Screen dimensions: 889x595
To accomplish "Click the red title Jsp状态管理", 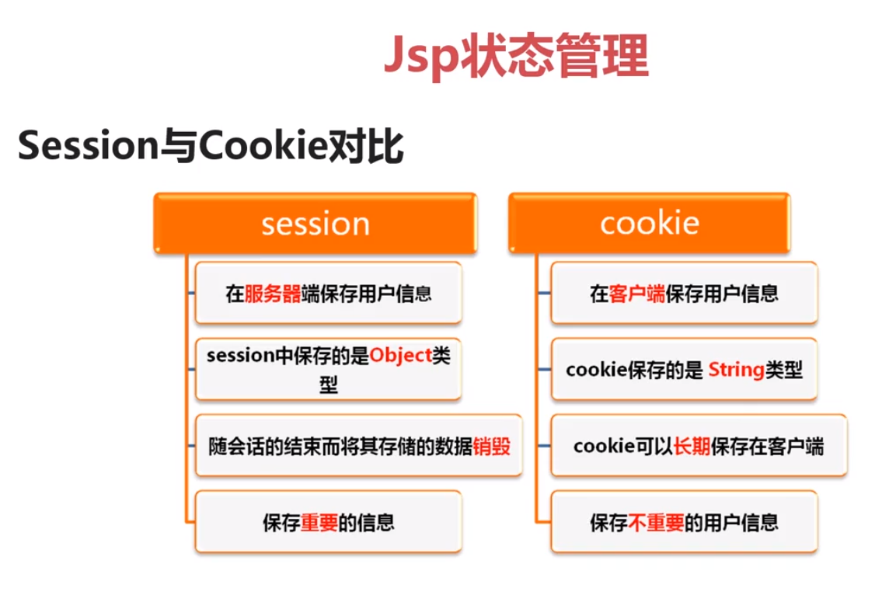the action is (x=516, y=55).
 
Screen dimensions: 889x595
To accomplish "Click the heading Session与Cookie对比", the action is (x=211, y=145).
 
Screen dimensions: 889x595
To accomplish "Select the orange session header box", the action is (x=316, y=223).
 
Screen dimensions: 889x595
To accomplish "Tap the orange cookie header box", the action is (x=650, y=223).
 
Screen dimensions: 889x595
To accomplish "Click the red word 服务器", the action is (x=273, y=294).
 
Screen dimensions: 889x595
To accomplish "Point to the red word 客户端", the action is (x=636, y=294).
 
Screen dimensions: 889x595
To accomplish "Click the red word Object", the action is (x=400, y=355).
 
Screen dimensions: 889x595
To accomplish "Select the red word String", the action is (x=736, y=370).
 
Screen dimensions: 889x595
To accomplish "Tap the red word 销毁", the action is (x=492, y=447).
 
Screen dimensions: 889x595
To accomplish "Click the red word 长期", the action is (x=692, y=447).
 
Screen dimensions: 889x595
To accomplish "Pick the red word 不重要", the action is (x=656, y=523).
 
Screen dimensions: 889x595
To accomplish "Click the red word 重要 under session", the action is (x=319, y=523).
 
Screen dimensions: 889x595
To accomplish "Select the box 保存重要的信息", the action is (x=328, y=522).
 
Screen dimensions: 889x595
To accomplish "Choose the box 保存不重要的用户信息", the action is (x=685, y=522).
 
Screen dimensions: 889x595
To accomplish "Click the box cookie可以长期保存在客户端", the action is (x=699, y=445).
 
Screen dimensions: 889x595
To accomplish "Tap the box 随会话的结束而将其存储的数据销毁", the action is (x=358, y=445).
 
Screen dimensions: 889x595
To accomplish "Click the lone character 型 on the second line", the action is (x=328, y=384).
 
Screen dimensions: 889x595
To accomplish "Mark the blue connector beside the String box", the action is (x=544, y=370).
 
